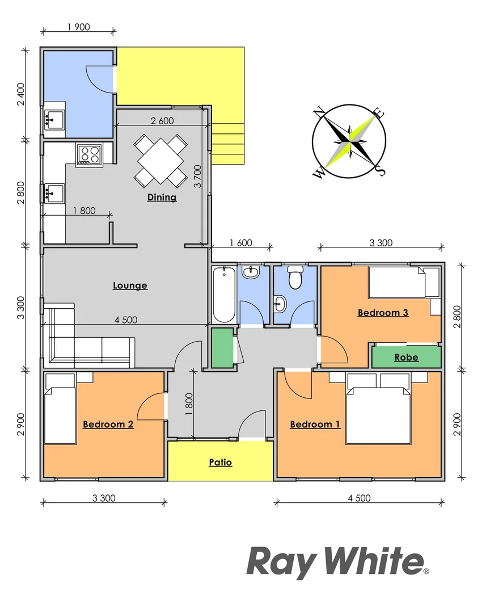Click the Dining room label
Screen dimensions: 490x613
(x=162, y=197)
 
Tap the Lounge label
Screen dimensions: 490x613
(x=130, y=285)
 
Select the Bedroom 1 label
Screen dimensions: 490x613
(x=315, y=424)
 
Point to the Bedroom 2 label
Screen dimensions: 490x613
(x=108, y=424)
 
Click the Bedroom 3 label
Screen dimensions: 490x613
(x=383, y=313)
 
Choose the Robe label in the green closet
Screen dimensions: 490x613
(x=407, y=358)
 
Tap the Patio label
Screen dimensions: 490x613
(x=221, y=462)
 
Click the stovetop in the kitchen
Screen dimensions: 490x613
(x=90, y=155)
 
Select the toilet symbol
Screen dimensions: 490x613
(x=295, y=278)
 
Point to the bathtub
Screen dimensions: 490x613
(x=224, y=295)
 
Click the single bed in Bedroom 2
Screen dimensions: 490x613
(x=60, y=409)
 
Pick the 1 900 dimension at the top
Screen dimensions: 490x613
(x=78, y=27)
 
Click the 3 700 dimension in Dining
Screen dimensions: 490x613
(x=198, y=177)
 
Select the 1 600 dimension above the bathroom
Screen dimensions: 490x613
(x=240, y=243)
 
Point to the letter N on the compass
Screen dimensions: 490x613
(x=319, y=112)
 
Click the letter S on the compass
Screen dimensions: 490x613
(x=380, y=170)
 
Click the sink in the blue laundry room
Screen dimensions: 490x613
(x=54, y=119)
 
